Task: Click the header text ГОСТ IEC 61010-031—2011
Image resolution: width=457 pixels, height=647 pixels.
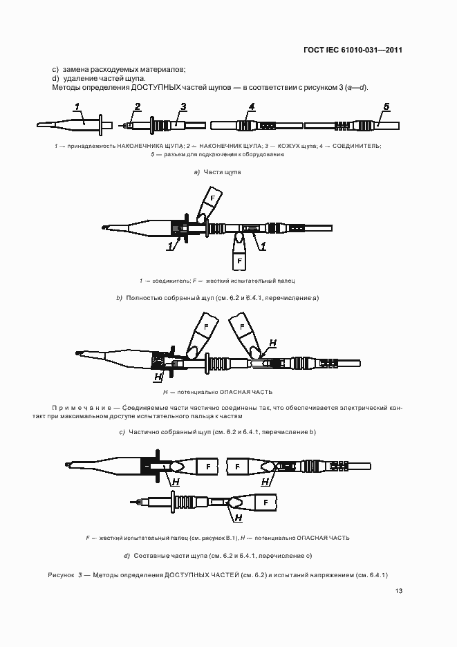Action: click(x=353, y=50)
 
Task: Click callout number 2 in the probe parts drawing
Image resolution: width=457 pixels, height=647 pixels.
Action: click(x=138, y=106)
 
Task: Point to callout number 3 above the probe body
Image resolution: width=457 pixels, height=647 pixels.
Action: click(x=183, y=106)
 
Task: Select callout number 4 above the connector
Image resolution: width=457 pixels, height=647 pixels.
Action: click(x=252, y=106)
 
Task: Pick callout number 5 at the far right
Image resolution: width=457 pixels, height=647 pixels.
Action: click(x=386, y=106)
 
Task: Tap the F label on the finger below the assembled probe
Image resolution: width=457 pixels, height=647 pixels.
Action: click(x=239, y=261)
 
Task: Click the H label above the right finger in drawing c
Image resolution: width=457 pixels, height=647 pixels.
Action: click(x=272, y=343)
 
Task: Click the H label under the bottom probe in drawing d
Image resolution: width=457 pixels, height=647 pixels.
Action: click(x=239, y=518)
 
